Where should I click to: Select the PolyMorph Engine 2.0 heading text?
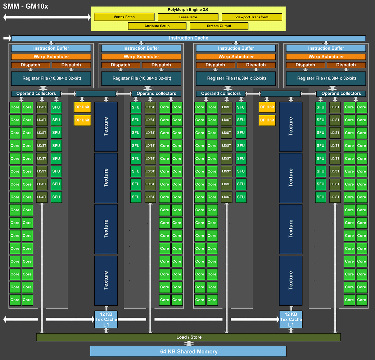188,10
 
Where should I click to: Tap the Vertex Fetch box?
124,17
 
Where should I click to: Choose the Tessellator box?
188,17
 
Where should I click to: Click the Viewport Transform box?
252,17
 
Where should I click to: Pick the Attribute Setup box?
157,26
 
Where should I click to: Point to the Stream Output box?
219,26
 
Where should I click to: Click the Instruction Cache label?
189,38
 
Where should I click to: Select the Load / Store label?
189,337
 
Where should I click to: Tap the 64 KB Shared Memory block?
188,351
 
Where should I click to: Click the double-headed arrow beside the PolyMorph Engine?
47,17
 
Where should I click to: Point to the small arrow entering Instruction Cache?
7,38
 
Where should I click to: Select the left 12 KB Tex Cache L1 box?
106,319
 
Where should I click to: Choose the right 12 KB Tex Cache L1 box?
291,319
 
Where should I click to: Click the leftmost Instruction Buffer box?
51,48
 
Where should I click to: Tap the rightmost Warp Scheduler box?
326,57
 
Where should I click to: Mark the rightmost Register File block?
326,78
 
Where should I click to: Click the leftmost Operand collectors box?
36,94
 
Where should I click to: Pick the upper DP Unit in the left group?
82,107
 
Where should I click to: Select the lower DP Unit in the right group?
267,120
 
